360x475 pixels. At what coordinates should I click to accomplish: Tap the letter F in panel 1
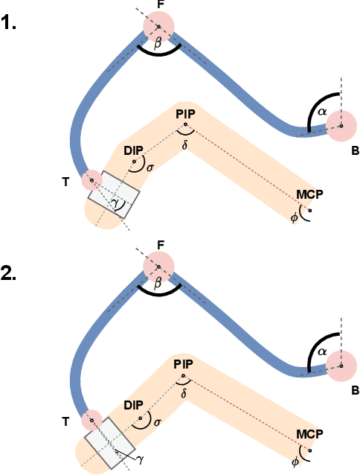161,5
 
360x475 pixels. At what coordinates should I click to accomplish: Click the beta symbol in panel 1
158,44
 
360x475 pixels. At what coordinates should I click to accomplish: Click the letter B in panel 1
356,150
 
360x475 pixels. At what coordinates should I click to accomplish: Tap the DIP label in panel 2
133,405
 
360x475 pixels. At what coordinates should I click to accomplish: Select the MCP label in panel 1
309,195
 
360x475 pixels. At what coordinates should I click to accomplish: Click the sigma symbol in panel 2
150,423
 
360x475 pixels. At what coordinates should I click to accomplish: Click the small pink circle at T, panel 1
91,179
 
